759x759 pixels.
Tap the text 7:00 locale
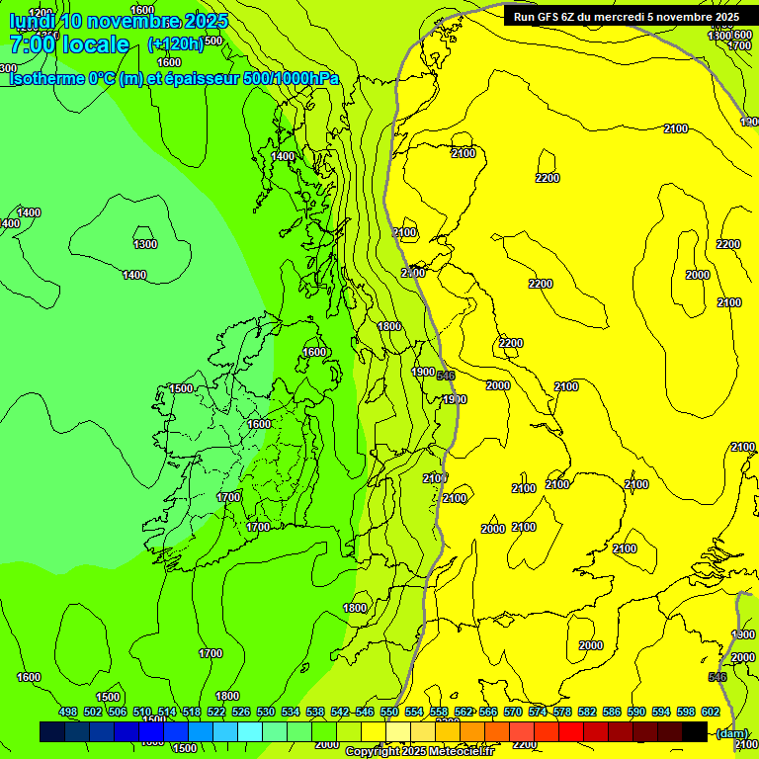pyautogui.click(x=69, y=44)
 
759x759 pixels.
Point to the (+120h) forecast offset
pyautogui.click(x=175, y=43)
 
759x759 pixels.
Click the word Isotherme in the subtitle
pyautogui.click(x=47, y=78)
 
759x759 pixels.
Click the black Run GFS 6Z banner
pyautogui.click(x=626, y=16)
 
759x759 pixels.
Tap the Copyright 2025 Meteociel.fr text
pyautogui.click(x=419, y=751)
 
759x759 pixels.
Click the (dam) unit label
pyautogui.click(x=731, y=732)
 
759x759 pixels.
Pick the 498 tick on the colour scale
pyautogui.click(x=68, y=713)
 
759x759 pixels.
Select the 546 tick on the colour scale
pyautogui.click(x=365, y=713)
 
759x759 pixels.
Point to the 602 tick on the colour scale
pyautogui.click(x=711, y=713)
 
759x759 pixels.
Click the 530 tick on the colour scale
pyautogui.click(x=266, y=713)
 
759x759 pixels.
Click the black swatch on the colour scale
pyautogui.click(x=695, y=731)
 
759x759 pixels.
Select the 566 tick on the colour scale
pyautogui.click(x=488, y=713)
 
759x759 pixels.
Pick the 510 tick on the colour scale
pyautogui.click(x=142, y=713)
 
